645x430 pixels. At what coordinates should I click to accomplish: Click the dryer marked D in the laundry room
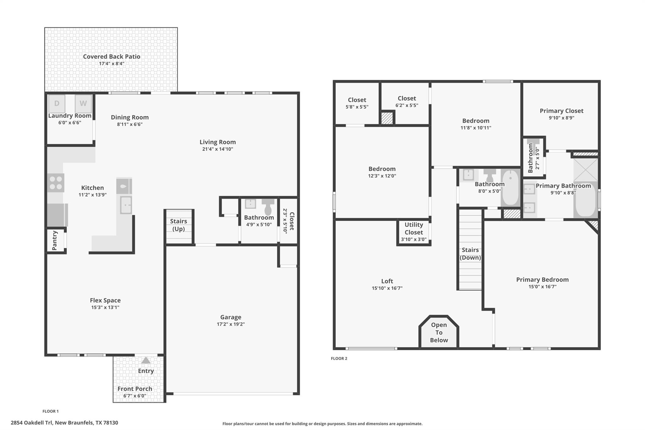57,104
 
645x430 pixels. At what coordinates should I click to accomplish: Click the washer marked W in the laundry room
83,104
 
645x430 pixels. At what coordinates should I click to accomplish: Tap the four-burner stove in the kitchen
56,183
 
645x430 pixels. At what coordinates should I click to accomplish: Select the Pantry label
55,240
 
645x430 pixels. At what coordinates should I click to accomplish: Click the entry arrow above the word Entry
146,360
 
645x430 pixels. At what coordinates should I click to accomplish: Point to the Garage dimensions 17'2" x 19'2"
231,324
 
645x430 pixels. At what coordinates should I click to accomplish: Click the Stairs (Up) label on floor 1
179,225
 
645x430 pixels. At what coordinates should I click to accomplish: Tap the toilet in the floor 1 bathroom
268,207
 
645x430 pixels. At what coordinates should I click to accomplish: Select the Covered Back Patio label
111,56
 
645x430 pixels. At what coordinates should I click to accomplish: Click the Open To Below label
439,332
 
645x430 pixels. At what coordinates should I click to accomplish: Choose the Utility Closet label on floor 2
414,228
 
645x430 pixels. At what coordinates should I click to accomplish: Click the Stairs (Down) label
470,254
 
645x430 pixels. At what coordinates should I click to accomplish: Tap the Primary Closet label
561,111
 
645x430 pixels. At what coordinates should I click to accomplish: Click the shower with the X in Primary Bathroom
585,170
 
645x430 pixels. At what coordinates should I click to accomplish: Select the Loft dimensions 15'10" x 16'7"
387,288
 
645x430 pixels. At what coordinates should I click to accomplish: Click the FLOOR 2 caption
339,358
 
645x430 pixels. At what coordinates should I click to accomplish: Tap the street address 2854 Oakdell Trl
64,423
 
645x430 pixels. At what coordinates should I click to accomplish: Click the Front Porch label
135,389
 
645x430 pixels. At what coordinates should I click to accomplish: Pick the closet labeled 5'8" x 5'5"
357,103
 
